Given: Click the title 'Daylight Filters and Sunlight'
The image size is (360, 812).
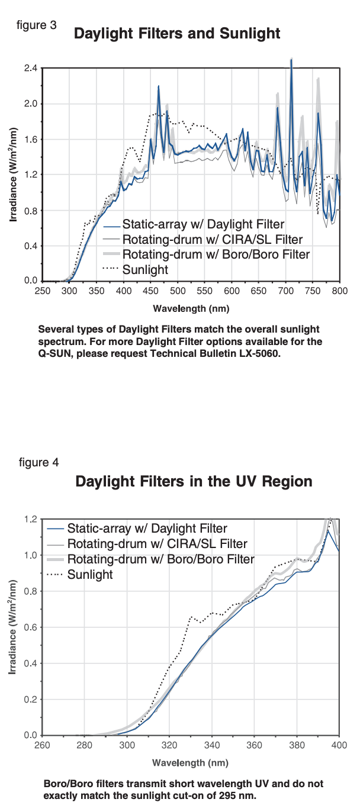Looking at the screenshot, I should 176,34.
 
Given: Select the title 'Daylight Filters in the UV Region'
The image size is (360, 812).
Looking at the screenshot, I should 194,482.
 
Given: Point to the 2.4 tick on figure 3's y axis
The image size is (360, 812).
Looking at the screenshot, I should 31,69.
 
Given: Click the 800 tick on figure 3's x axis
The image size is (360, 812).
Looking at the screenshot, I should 339,291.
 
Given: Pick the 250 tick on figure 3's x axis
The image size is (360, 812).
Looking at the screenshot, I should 42,291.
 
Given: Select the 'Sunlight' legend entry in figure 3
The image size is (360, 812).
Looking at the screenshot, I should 145,269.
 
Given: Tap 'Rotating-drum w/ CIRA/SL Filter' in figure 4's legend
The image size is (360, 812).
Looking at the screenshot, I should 157,544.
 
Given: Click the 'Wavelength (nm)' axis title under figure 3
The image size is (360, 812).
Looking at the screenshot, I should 191,308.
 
